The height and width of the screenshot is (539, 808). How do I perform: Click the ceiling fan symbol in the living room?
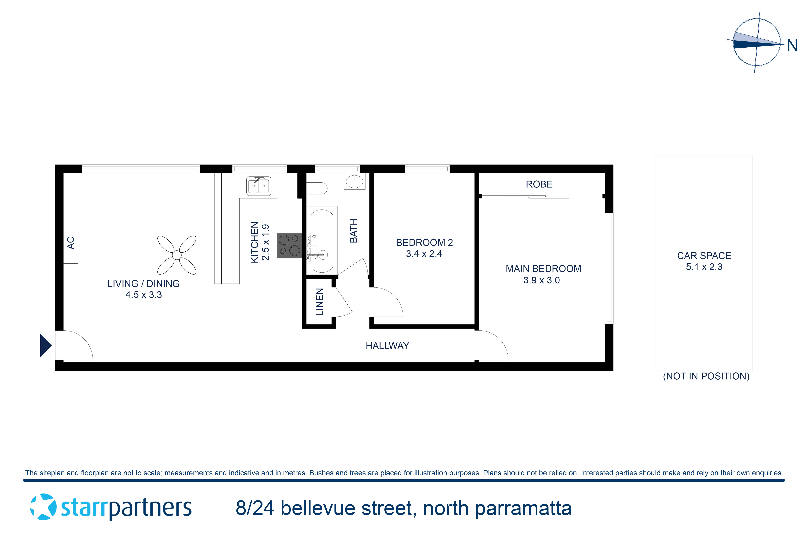[x=177, y=255]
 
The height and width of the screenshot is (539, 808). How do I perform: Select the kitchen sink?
[x=259, y=186]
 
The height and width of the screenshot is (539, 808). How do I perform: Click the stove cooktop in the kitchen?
[x=289, y=245]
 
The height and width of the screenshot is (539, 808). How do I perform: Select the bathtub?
[x=322, y=241]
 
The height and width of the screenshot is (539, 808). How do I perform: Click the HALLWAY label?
[x=387, y=346]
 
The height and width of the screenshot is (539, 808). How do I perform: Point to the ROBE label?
[x=539, y=184]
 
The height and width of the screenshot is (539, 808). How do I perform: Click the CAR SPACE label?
[x=704, y=256]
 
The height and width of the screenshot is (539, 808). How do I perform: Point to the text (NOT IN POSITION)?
[x=706, y=376]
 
